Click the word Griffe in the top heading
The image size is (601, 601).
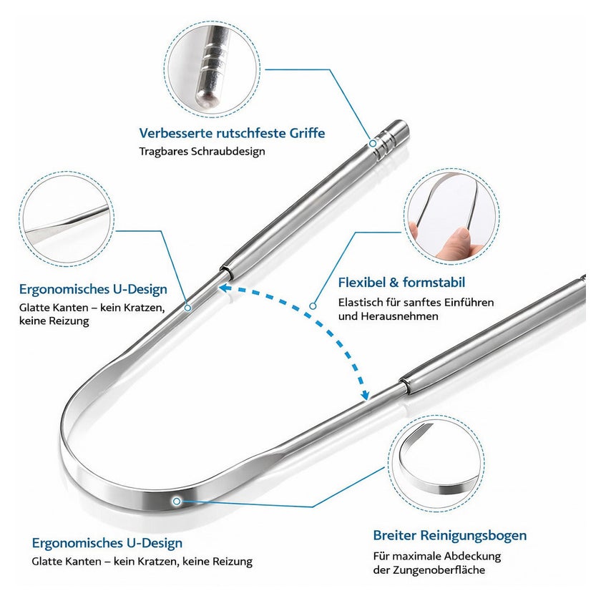307,133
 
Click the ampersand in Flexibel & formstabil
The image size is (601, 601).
394,283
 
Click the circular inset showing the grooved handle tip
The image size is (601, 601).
212,69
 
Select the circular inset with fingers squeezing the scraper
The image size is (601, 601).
451,217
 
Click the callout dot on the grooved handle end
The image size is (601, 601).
373,143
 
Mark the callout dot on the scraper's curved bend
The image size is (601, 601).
177,502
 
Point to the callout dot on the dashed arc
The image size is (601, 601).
313,306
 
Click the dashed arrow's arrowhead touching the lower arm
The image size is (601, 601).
364,395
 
